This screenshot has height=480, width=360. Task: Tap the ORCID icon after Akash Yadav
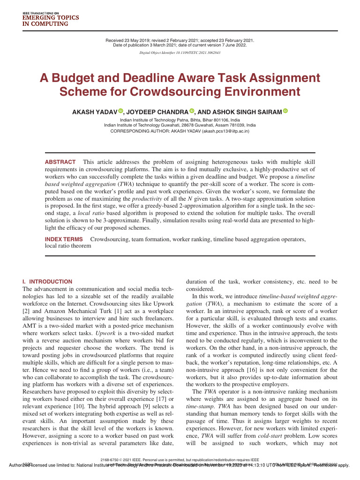click(x=120, y=111)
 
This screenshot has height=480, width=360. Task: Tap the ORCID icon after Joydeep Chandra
click(x=191, y=111)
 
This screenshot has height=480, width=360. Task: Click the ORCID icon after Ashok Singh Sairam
click(x=285, y=111)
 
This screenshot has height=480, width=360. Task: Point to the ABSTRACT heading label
click(x=60, y=162)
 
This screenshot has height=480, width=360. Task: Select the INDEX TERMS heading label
click(x=64, y=240)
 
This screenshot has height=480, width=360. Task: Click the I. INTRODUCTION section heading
click(x=47, y=282)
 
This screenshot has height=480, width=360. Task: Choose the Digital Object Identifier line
click(x=180, y=53)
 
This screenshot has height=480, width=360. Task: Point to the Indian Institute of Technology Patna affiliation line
click(x=180, y=120)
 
